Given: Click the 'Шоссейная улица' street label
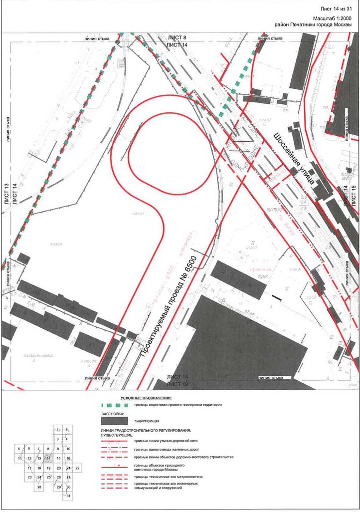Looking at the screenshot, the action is (x=294, y=158).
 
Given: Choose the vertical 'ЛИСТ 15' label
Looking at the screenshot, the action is (x=354, y=195).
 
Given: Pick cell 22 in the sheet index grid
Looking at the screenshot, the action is (x=78, y=468).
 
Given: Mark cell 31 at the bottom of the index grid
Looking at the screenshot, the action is (x=68, y=495).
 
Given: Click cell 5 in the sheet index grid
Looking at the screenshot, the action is (x=19, y=449).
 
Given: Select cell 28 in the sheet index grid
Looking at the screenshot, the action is (x=39, y=487).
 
